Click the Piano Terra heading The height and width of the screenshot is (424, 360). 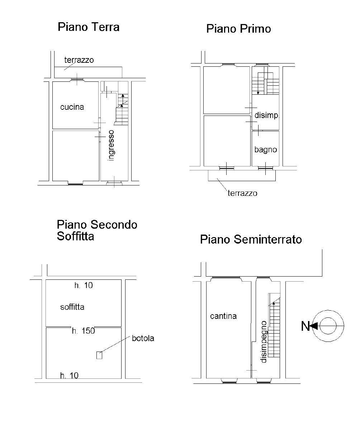point(89,27)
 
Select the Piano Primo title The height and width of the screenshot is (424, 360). point(239,29)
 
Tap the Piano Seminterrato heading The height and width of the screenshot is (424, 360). point(251,239)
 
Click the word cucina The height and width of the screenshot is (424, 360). point(72,107)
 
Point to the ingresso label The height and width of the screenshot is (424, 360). point(111,146)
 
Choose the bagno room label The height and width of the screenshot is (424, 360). point(266,150)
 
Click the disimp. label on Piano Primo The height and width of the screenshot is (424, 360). point(266,115)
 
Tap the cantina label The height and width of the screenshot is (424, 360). point(223,316)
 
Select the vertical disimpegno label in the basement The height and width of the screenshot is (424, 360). point(263,342)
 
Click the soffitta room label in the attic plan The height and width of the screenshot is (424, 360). point(72,307)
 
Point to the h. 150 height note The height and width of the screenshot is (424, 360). point(84,331)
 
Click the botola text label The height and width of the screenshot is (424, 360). point(143,338)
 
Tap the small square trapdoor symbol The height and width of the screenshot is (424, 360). point(99,355)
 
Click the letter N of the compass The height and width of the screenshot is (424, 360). point(305,326)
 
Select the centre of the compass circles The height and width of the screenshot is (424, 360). point(328,326)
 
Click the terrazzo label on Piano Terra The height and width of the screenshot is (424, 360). point(79,60)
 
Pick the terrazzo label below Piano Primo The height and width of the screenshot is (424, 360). point(242,193)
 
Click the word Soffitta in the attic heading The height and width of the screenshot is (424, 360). point(75,236)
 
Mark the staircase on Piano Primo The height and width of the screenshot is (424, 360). point(265,80)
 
